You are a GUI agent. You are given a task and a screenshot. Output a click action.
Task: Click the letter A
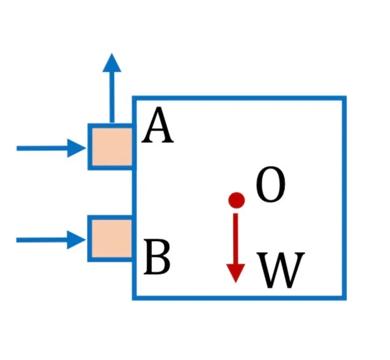(158, 125)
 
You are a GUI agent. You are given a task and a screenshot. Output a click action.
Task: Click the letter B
(158, 257)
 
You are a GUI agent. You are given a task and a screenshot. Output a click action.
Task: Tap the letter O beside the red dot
(270, 184)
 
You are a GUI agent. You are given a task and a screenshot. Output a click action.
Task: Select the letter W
(281, 270)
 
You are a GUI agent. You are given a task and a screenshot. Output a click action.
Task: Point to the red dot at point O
(237, 200)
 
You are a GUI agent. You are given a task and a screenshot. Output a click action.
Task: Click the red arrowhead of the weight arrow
(235, 273)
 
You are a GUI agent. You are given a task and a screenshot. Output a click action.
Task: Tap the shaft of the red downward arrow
(235, 239)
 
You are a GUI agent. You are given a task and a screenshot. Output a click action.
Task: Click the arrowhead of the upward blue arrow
(112, 63)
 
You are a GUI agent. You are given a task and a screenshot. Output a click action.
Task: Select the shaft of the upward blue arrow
(112, 98)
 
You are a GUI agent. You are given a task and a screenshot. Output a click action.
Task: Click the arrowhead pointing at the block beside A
(77, 148)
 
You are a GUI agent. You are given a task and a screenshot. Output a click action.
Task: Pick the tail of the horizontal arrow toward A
(17, 148)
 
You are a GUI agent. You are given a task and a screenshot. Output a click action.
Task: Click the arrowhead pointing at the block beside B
(77, 240)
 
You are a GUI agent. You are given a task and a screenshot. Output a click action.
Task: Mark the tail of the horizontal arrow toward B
(17, 240)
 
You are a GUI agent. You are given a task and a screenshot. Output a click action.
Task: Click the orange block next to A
(112, 147)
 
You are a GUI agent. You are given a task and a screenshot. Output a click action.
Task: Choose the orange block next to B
(112, 239)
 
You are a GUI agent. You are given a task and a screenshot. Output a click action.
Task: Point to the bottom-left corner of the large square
(134, 298)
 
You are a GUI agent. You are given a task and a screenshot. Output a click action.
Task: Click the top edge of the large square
(239, 98)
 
